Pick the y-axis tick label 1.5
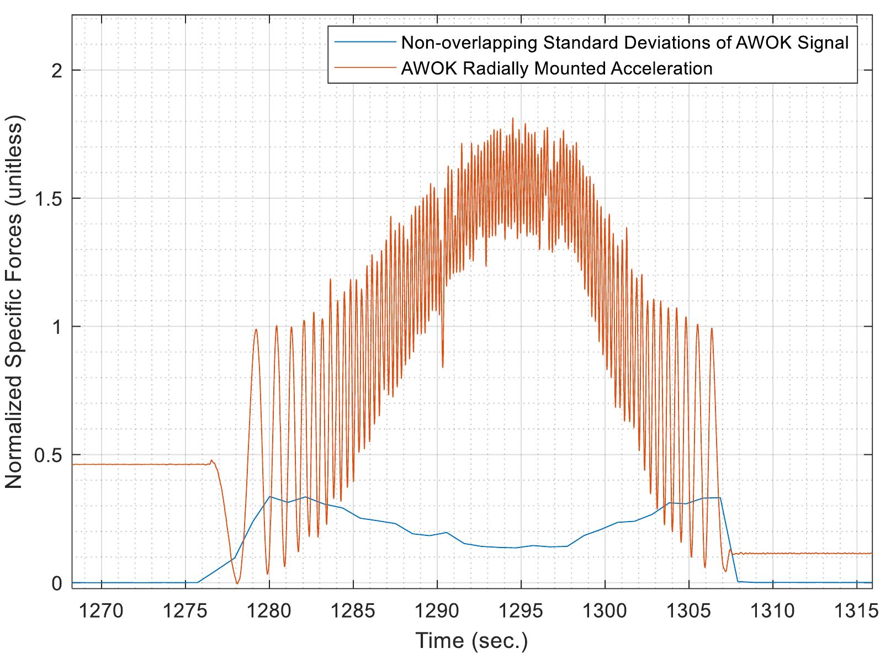point(49,198)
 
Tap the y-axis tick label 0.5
point(49,455)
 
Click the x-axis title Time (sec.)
point(471,640)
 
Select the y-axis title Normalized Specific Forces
point(14,304)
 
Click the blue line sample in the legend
point(363,42)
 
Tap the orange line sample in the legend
point(363,68)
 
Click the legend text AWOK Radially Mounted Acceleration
point(556,68)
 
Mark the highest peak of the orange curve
point(513,118)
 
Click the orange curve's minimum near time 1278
point(237,583)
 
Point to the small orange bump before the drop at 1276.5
point(211,460)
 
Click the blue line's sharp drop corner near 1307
point(720,498)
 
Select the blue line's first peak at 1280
point(269,497)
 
